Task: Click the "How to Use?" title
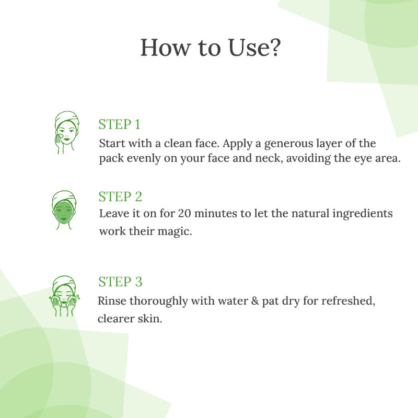point(211,48)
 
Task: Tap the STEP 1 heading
point(119,124)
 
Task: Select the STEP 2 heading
point(120,197)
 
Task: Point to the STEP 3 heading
point(120,282)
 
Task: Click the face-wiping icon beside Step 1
point(67,133)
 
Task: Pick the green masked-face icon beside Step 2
point(64,210)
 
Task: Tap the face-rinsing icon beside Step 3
point(64,296)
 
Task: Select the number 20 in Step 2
point(185,213)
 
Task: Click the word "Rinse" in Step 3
point(112,301)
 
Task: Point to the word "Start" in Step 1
point(112,143)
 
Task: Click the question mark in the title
point(275,48)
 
